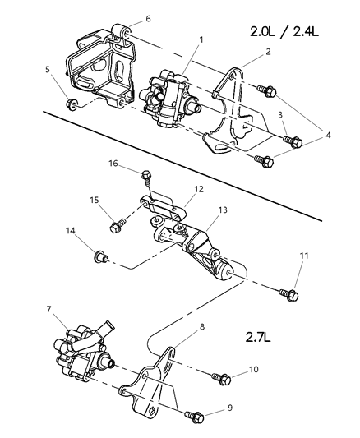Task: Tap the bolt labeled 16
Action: [x=145, y=176]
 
